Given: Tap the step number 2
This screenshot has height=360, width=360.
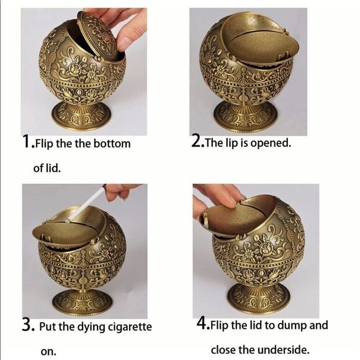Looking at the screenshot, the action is tap(196, 141).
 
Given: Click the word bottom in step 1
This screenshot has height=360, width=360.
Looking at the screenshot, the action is tap(112, 144).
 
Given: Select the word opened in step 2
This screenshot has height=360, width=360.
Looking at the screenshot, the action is tap(271, 143).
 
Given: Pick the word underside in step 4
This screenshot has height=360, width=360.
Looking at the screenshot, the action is tap(283, 350).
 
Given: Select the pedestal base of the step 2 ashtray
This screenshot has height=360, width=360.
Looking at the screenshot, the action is tap(245, 117).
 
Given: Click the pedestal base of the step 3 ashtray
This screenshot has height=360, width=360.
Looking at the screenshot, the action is tap(82, 302).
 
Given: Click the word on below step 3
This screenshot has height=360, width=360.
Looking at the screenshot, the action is tap(48, 352).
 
